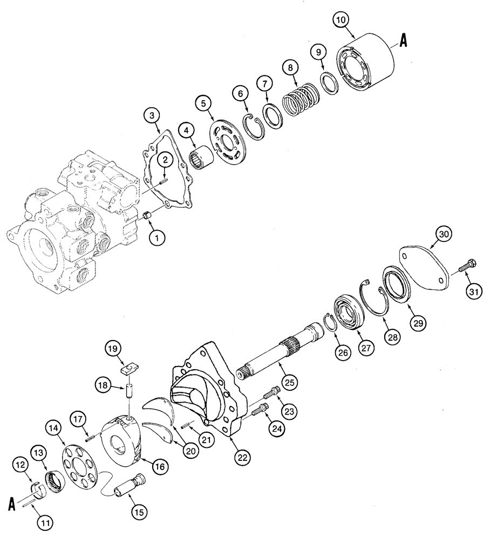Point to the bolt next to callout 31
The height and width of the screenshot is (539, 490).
pos(466,268)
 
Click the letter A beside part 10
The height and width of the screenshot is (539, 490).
pos(403,40)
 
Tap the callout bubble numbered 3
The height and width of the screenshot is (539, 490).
pos(152,116)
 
